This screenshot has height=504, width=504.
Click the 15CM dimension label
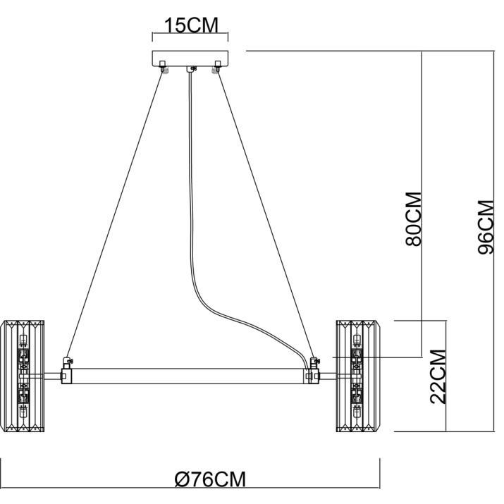(x=191, y=25)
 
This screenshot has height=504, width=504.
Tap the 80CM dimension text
(x=413, y=219)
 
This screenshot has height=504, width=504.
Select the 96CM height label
(x=486, y=227)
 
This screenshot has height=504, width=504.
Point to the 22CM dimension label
(x=438, y=376)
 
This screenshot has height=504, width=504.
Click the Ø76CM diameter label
(x=210, y=479)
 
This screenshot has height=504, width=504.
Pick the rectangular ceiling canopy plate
(x=190, y=59)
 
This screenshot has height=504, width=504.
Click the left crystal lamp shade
(x=22, y=376)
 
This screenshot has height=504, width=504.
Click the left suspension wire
(x=115, y=215)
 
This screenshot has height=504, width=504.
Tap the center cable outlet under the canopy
(x=190, y=69)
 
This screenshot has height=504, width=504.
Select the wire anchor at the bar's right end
(x=313, y=363)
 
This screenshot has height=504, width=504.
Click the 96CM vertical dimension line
(x=494, y=241)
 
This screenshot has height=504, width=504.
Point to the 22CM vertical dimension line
(x=446, y=376)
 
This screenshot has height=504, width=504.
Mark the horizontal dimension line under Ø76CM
(x=190, y=488)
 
